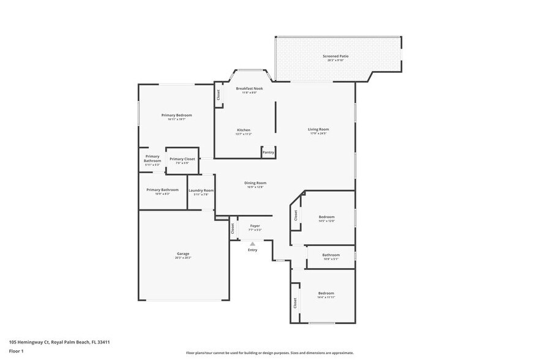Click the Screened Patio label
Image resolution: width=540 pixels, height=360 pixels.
tap(336, 56)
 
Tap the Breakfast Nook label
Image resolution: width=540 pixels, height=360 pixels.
tap(249, 89)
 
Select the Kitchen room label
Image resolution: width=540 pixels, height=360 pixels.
tap(244, 130)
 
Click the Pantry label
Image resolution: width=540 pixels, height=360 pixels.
tap(268, 152)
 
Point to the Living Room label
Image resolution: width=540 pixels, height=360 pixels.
tap(318, 129)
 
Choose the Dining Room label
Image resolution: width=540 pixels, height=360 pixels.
tap(255, 183)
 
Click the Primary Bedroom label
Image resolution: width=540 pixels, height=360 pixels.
tap(176, 115)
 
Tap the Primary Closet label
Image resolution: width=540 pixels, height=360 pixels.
tap(182, 159)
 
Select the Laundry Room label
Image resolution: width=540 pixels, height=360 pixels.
tap(201, 190)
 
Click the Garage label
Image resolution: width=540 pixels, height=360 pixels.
tap(183, 253)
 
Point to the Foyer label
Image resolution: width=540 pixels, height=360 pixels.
tap(255, 226)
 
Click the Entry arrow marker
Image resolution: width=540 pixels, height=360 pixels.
tap(252, 244)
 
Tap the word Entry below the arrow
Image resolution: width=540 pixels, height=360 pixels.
tap(252, 250)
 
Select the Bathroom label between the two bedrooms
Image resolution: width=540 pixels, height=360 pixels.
tap(331, 255)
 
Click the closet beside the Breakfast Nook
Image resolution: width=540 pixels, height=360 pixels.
tap(217, 96)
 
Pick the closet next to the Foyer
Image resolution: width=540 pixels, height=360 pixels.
tap(233, 228)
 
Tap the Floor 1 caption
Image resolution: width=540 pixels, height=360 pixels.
tap(16, 351)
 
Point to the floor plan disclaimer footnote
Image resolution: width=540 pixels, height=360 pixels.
tap(269, 353)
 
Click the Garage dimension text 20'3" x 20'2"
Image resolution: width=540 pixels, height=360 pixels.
tap(183, 258)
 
